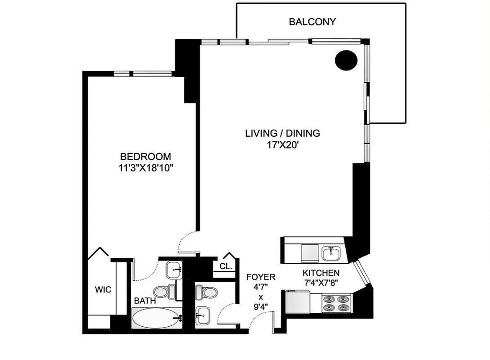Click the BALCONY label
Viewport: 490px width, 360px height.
click(x=312, y=22)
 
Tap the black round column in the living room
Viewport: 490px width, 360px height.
click(x=346, y=60)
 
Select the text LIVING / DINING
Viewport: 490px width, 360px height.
click(x=282, y=133)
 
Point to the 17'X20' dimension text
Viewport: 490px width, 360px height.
click(x=282, y=145)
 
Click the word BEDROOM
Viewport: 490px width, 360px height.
click(x=145, y=157)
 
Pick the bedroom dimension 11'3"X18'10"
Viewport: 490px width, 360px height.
click(x=145, y=168)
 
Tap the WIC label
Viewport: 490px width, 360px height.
click(x=103, y=290)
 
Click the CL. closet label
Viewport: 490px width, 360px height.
click(x=226, y=266)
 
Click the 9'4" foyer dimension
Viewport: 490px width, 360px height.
click(x=260, y=307)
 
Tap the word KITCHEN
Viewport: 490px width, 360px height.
click(x=321, y=273)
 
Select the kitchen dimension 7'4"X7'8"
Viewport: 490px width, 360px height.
click(x=321, y=283)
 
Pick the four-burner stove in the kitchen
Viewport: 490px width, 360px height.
click(x=337, y=303)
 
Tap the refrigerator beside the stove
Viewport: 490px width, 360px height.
click(x=297, y=302)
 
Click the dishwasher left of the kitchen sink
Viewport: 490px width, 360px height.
click(x=309, y=252)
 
